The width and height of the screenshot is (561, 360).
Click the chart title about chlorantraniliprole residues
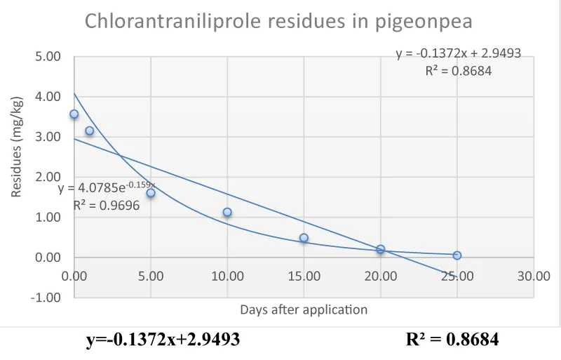pos(278,21)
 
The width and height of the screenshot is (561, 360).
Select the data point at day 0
pos(74,114)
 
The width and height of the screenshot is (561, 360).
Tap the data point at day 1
pos(89,131)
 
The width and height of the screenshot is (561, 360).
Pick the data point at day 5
pos(151,193)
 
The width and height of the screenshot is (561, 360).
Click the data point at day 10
pos(227,212)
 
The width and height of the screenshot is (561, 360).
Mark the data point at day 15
pos(304,238)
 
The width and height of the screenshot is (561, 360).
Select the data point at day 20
pos(381,249)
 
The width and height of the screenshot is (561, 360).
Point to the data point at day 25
pos(457,255)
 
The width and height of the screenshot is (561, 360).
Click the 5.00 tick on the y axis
pos(48,57)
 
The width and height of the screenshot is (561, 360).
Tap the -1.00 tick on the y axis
pos(46,298)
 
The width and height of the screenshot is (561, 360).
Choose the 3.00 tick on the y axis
pos(48,137)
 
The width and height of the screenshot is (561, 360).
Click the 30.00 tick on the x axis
pos(534,276)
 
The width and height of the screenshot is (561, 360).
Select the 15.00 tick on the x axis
pos(304,276)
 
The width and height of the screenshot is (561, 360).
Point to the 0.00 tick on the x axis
pos(74,276)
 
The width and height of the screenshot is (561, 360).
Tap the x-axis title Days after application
pos(304,309)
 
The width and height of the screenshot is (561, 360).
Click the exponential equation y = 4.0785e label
pos(107,187)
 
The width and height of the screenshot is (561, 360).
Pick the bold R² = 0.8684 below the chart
pos(452,340)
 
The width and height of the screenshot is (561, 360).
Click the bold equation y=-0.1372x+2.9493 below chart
pos(163,340)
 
